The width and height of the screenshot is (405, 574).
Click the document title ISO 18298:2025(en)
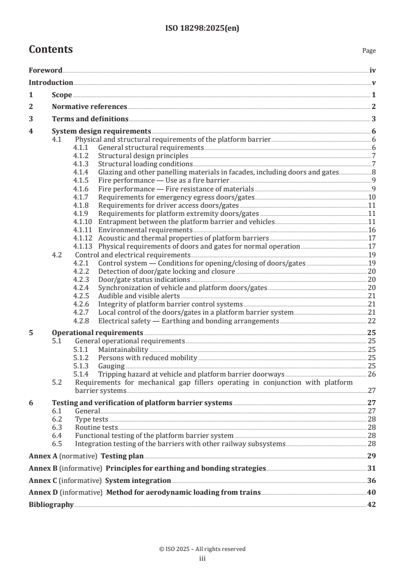pos(202,29)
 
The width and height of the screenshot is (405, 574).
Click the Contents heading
pos(51,50)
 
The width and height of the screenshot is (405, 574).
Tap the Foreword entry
pos(45,71)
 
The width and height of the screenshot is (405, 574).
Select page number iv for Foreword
pos(373,71)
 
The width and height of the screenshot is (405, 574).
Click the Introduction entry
pos(51,82)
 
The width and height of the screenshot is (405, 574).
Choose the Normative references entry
pos(89,106)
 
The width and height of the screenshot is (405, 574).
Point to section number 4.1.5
pos(81,181)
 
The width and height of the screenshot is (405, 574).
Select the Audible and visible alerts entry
pos(139,296)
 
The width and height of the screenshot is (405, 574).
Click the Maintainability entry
pos(123,349)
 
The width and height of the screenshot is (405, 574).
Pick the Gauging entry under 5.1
pos(111,366)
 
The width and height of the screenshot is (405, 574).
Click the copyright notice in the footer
pos(202,549)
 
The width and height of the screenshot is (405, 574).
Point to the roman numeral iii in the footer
pos(202,559)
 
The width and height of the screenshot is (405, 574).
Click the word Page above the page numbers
pos(369,51)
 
